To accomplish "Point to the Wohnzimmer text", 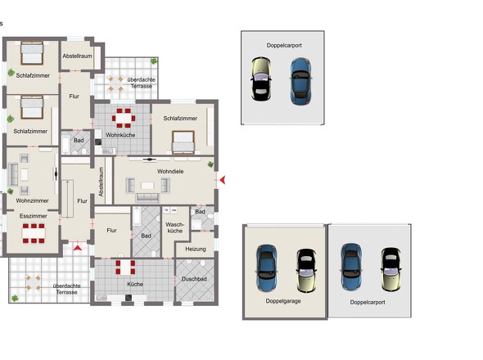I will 32,200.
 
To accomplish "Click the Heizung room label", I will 196,248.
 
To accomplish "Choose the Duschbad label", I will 193,279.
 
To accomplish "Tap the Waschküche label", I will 174,227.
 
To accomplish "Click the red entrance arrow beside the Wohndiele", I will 221,179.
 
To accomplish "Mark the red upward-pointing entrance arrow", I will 79,246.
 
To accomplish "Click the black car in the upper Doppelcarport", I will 261,83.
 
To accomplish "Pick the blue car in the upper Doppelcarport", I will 300,80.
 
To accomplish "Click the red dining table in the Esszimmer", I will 33,233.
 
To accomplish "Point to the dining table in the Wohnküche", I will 123,119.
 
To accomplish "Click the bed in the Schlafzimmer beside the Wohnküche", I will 182,144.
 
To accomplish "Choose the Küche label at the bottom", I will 134,283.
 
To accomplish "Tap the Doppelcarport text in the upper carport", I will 282,46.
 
